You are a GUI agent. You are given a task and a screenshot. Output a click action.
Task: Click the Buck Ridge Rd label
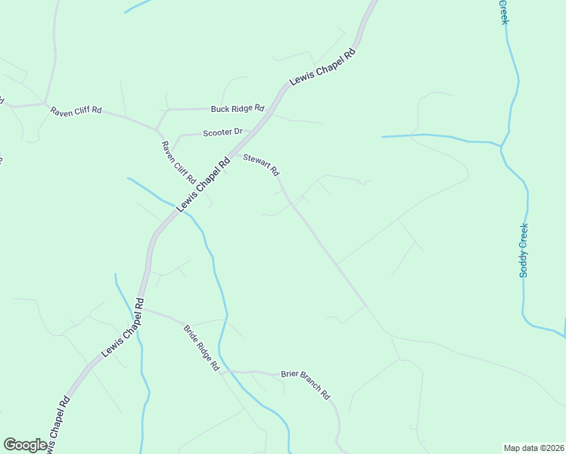point(237,108)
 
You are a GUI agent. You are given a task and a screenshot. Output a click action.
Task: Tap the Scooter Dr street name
point(222,132)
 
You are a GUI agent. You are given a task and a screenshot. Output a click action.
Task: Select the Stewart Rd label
point(261,164)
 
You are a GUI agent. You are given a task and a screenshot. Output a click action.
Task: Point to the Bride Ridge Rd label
point(201,347)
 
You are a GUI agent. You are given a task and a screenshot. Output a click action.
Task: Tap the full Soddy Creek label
point(524,250)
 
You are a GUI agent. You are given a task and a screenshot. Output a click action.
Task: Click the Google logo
point(25,445)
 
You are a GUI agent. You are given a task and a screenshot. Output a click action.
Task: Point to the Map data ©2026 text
point(533,447)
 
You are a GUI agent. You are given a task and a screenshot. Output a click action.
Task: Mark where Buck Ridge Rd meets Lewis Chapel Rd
point(269,109)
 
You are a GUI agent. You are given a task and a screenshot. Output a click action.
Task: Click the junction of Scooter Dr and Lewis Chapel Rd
point(250,131)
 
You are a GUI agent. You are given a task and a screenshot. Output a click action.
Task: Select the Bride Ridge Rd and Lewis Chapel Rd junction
point(141,307)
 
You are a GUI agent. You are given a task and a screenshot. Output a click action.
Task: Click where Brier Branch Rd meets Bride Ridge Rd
point(225,372)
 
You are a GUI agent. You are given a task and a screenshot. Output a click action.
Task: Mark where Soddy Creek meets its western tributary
point(501,144)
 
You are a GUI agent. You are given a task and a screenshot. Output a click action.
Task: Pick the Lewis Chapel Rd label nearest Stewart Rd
point(203,185)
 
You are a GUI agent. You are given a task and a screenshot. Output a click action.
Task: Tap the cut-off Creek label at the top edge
point(503,11)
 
